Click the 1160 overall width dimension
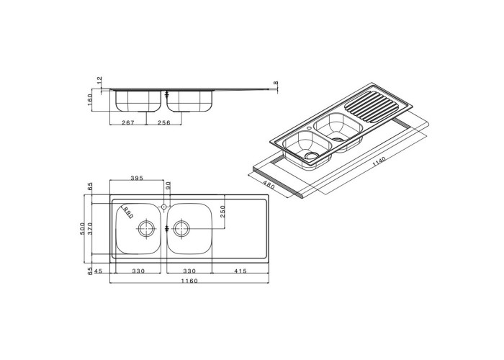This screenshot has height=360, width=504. coord(189,281)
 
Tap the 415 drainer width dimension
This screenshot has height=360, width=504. coord(240,271)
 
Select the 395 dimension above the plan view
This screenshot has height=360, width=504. coord(137,178)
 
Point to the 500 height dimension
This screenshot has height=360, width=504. coord(83,228)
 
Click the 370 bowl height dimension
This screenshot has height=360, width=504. coord(90,228)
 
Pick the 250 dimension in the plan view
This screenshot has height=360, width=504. coord(222,212)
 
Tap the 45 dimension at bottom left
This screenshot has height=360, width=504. coord(98,271)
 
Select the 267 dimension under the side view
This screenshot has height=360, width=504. coord(128,122)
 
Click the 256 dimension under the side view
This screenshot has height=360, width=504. coord(164,122)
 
